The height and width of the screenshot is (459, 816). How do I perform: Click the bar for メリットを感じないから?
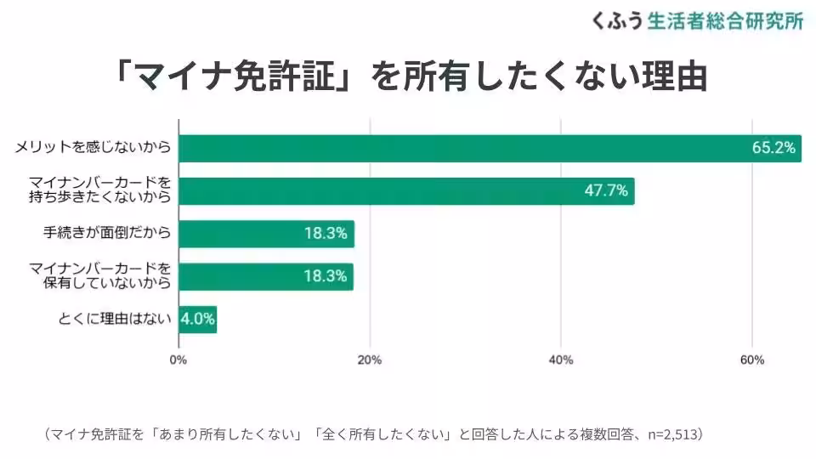click(490, 148)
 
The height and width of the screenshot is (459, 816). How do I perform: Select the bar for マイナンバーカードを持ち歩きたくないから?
click(406, 191)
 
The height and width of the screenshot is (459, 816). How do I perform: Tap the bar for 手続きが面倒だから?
click(266, 234)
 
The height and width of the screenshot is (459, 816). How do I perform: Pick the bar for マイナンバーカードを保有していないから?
click(266, 276)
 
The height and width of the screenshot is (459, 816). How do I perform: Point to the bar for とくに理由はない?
click(197, 320)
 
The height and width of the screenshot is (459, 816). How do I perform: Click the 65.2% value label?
click(773, 148)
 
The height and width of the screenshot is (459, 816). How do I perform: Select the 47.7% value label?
click(606, 191)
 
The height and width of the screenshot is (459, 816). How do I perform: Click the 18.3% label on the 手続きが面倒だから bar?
click(326, 234)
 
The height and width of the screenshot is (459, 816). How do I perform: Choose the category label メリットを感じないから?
click(93, 148)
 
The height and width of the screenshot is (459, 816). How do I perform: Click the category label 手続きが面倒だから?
click(107, 233)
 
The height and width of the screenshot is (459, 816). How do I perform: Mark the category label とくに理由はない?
click(114, 320)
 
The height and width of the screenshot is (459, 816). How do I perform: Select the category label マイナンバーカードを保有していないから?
click(100, 276)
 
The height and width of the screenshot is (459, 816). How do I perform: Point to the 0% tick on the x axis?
click(178, 360)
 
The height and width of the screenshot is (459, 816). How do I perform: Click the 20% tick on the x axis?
click(370, 360)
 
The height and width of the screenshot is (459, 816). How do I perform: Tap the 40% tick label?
click(561, 360)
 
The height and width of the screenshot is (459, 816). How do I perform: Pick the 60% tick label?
click(752, 360)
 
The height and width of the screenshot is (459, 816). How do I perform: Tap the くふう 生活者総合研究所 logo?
click(697, 21)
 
